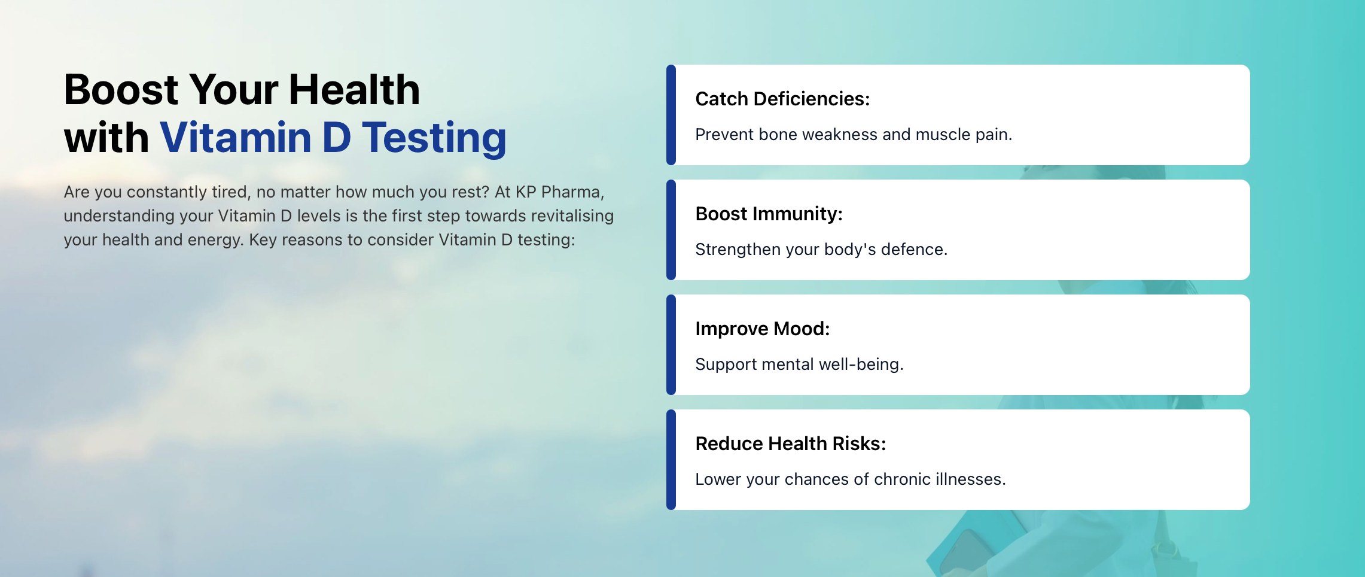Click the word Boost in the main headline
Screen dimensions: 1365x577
click(121, 90)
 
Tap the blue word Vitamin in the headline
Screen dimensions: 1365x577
click(236, 138)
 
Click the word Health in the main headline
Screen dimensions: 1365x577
click(355, 90)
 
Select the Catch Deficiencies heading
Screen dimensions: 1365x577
click(782, 99)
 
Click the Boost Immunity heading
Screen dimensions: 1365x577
click(769, 214)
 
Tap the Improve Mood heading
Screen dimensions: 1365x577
click(763, 329)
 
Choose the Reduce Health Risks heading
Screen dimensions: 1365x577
click(791, 444)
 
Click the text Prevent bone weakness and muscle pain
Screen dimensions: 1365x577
click(854, 135)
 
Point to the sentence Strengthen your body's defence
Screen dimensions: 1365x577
click(821, 250)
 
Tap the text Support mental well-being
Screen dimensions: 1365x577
click(799, 365)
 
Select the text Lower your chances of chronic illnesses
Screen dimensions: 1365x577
click(851, 479)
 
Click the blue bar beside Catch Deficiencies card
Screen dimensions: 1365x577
click(671, 115)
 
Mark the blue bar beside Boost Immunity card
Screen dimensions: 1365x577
click(671, 230)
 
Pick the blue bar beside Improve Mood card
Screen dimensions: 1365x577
click(671, 345)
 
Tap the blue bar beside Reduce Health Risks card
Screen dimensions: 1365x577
click(671, 460)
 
